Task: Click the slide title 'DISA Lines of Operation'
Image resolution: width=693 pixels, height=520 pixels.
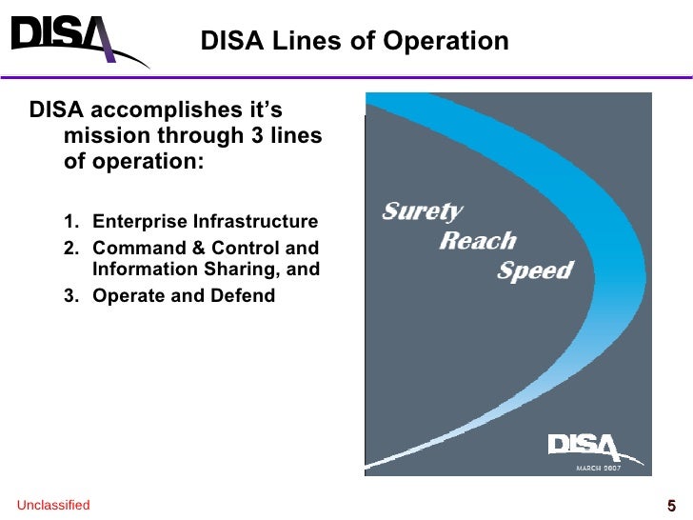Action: [354, 42]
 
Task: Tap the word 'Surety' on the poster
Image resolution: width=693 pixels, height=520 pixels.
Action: [422, 211]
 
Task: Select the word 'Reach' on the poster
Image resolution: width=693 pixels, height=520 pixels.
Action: [477, 241]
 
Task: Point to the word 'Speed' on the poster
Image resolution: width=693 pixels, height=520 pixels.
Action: [535, 270]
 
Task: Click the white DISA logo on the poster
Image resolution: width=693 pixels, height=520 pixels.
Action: [584, 448]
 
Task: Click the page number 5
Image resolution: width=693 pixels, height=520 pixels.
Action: [671, 506]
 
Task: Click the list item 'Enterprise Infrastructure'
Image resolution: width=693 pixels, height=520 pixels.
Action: [205, 223]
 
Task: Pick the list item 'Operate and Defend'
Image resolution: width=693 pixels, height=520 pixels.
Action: [184, 295]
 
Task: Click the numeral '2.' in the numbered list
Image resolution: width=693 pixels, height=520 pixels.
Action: [71, 248]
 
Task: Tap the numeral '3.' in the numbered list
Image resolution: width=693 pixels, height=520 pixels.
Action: [71, 295]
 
